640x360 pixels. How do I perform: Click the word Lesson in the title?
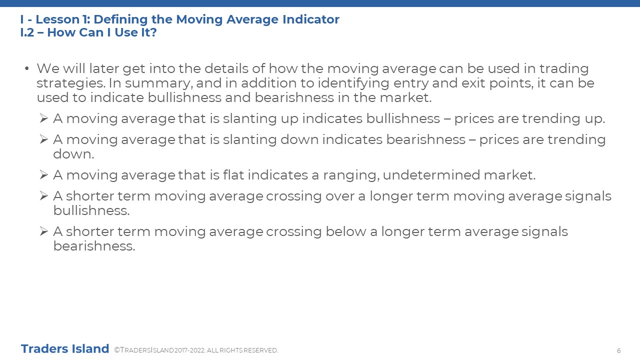[57, 19]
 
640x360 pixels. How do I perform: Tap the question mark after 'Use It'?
[153, 32]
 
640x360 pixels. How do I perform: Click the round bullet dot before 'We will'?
[27, 68]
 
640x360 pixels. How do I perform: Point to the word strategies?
[70, 83]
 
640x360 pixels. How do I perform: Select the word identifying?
[353, 83]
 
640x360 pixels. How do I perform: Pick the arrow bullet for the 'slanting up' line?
[43, 118]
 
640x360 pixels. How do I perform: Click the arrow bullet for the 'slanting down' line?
[43, 139]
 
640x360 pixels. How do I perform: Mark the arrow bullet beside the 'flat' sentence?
[43, 174]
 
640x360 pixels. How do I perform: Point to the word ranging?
[351, 175]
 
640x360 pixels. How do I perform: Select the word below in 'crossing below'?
[345, 231]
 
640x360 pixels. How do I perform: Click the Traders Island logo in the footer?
[65, 349]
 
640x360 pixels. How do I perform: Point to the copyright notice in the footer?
[196, 350]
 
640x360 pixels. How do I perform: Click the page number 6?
[619, 351]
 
